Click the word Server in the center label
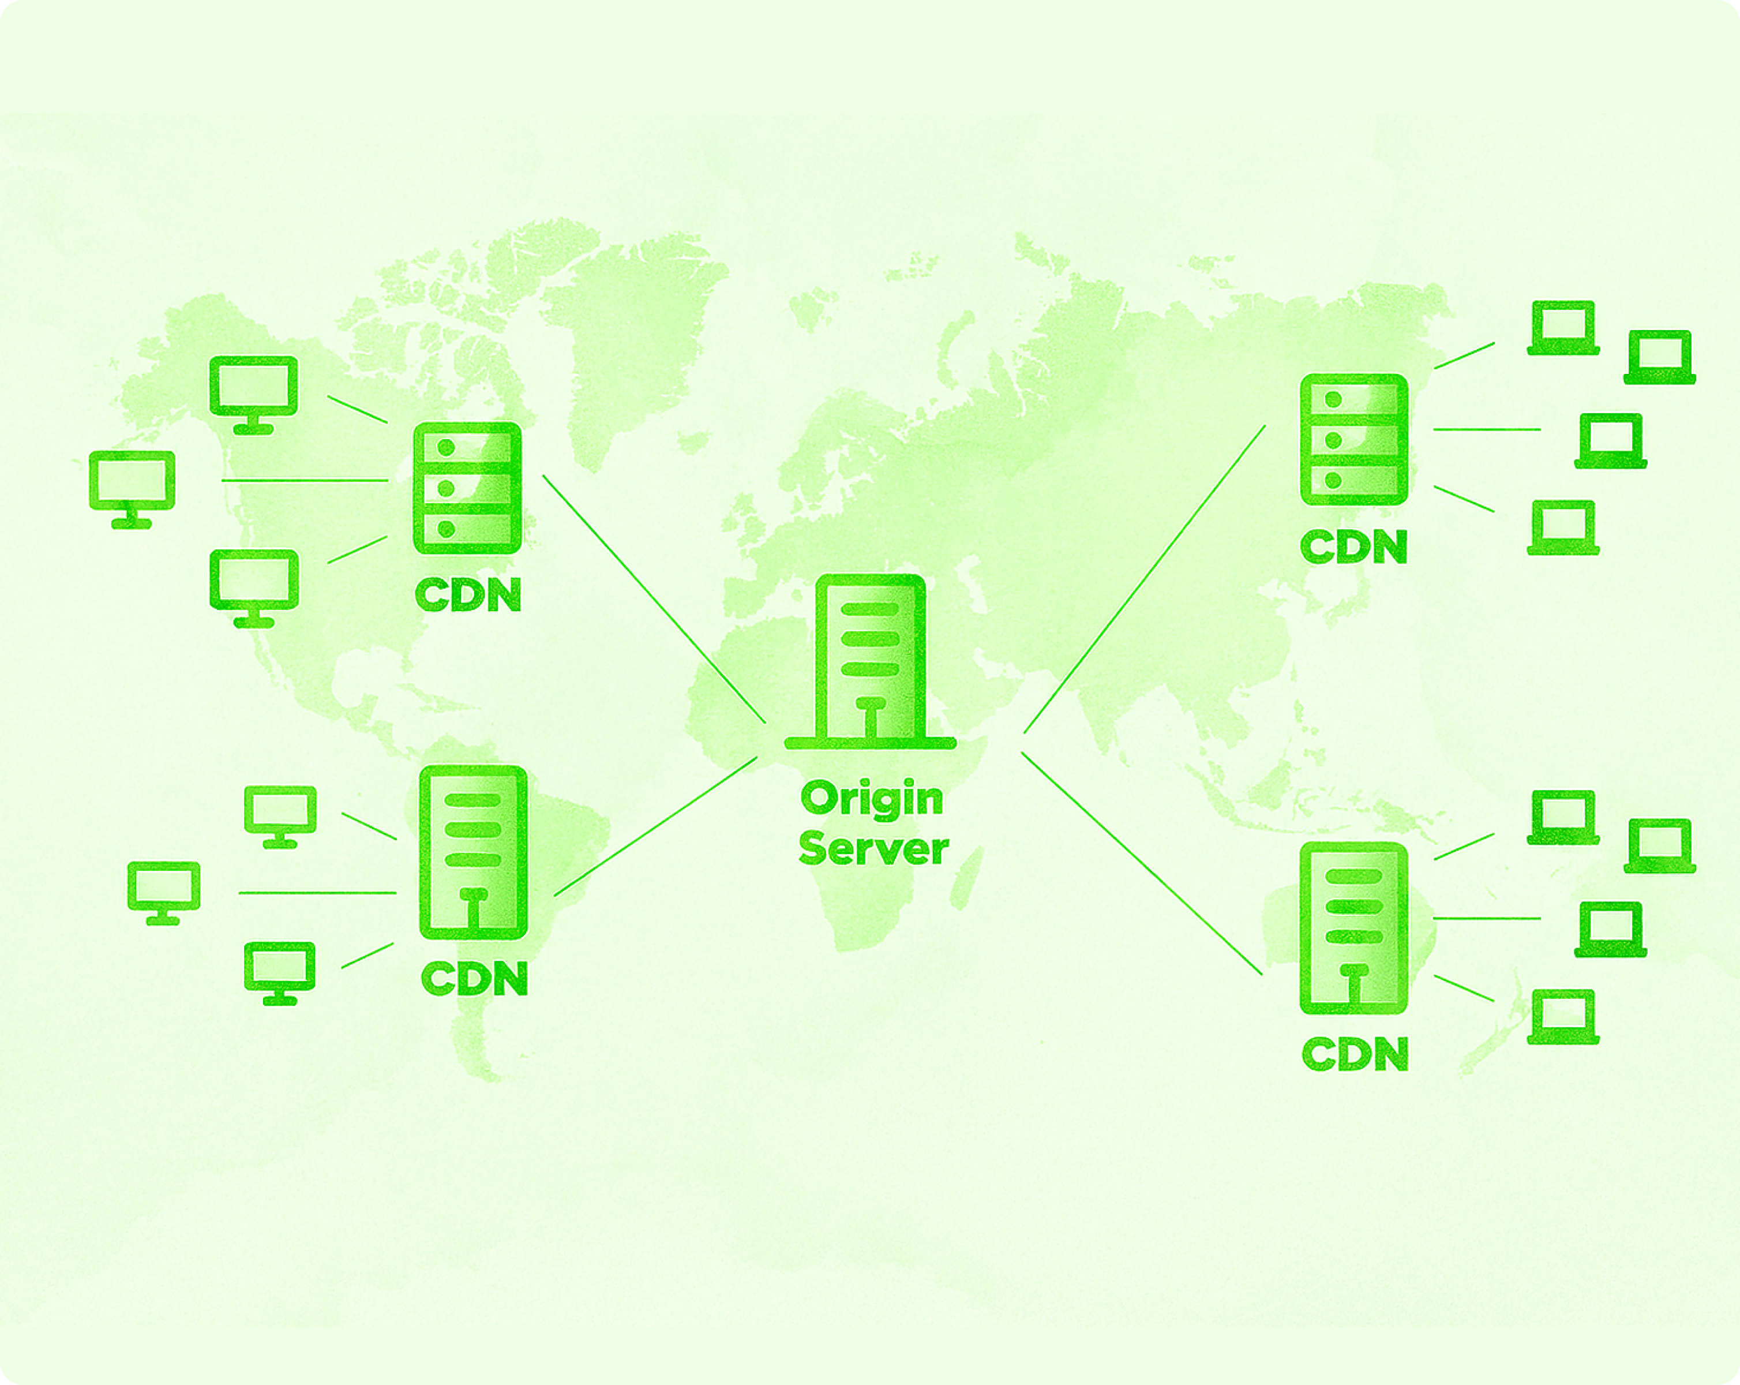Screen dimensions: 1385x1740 pyautogui.click(x=873, y=849)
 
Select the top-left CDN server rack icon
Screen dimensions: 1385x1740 pyautogui.click(x=467, y=488)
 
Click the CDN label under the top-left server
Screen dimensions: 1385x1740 pyautogui.click(x=468, y=596)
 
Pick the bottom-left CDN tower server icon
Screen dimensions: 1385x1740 pyautogui.click(x=474, y=852)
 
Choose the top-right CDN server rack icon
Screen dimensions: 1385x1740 pyautogui.click(x=1354, y=440)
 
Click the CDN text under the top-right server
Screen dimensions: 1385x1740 pyautogui.click(x=1354, y=547)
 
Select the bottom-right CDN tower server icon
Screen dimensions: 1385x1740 pyautogui.click(x=1353, y=928)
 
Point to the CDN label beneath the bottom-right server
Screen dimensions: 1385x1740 pyautogui.click(x=1355, y=1055)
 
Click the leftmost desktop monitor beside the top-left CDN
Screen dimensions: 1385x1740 pyautogui.click(x=132, y=488)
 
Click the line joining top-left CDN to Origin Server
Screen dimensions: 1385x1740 pyautogui.click(x=654, y=599)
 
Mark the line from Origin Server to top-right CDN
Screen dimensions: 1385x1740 pyautogui.click(x=1145, y=579)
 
